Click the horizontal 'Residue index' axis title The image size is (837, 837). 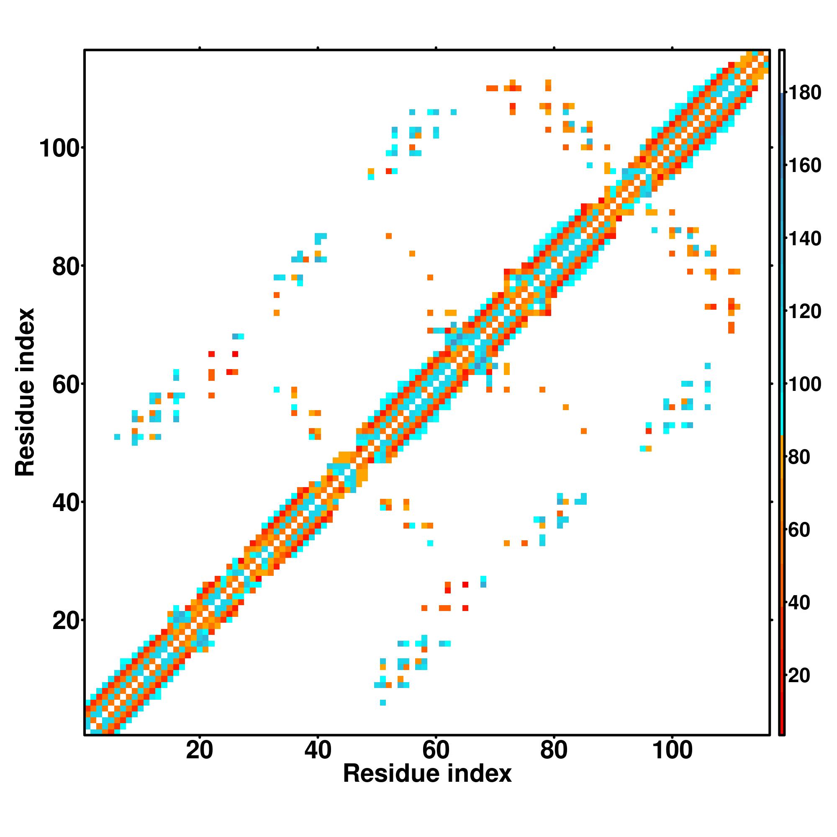click(427, 786)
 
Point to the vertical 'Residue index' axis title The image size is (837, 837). click(25, 392)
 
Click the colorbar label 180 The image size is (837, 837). click(804, 93)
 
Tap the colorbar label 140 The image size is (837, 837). click(804, 239)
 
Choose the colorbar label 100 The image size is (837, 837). click(804, 384)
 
